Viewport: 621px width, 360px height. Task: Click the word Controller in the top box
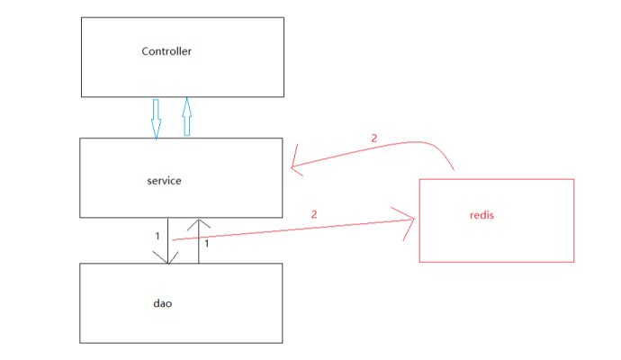pos(166,51)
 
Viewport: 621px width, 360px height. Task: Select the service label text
pos(164,181)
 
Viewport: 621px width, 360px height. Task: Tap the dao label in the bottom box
pos(162,303)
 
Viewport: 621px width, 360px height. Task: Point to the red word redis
pos(482,215)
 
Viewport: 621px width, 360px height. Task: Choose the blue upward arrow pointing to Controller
pos(187,116)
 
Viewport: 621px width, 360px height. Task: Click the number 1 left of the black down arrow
pos(157,236)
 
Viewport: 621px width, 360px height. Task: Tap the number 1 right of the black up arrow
pos(207,243)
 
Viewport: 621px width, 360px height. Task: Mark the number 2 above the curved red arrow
pos(373,138)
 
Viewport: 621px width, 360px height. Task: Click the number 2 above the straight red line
pos(314,214)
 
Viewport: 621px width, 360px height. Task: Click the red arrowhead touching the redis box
pos(407,220)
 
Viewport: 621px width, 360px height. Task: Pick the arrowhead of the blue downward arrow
pos(155,131)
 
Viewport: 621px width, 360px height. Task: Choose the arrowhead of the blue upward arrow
pos(187,103)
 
